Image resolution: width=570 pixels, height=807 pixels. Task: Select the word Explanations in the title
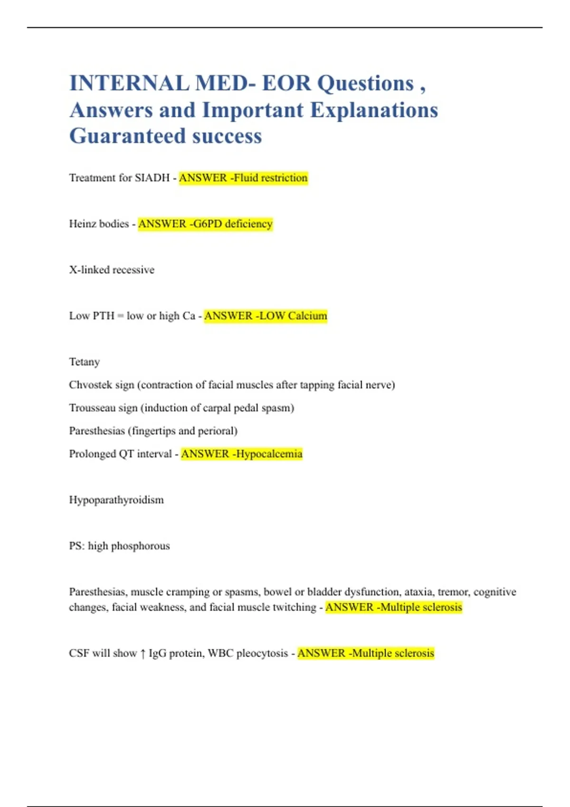coord(374,110)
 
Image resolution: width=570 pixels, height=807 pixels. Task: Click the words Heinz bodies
coord(99,224)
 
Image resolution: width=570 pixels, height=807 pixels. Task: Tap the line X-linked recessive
coord(112,270)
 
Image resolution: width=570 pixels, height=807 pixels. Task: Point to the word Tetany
coord(85,362)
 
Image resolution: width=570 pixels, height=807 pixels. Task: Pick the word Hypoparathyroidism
coord(116,500)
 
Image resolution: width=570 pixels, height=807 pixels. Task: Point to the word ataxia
coord(419,592)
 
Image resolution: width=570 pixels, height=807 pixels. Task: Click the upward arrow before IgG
coord(143,654)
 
